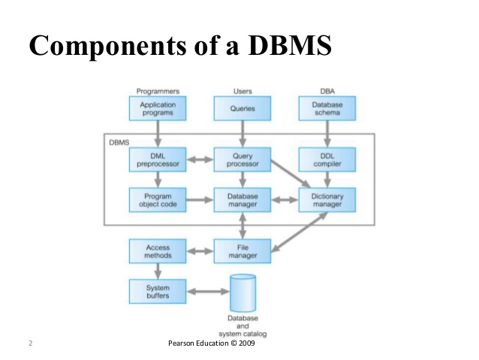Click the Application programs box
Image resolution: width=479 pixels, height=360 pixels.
point(158,108)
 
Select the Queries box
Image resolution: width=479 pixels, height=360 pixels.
point(242,108)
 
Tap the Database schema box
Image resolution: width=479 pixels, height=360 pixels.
point(327,108)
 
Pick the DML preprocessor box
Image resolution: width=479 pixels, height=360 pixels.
point(158,159)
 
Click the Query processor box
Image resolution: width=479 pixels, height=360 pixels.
point(242,159)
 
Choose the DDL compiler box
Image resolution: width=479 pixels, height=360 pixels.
point(327,159)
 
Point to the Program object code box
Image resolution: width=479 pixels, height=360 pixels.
point(158,200)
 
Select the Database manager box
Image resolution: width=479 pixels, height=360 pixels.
point(242,200)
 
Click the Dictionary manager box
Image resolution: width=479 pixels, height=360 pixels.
point(327,200)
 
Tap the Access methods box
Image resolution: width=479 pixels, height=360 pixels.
point(158,251)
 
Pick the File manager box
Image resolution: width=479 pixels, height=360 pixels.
point(242,251)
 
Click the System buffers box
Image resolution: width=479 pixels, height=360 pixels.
point(158,292)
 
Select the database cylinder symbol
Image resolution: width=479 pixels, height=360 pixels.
point(242,293)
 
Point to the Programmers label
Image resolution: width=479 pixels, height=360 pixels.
point(158,91)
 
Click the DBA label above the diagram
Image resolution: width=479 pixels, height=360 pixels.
point(327,91)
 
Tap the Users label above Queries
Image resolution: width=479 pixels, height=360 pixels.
point(243,91)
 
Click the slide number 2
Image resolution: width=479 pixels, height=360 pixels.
point(30,343)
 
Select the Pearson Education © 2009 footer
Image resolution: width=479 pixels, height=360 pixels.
point(214,343)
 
